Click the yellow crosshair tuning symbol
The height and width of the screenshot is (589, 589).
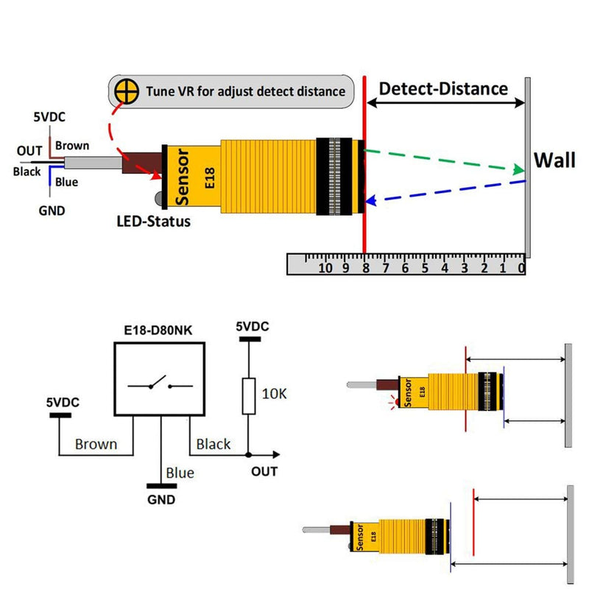click(127, 92)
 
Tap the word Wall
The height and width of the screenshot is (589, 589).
click(554, 160)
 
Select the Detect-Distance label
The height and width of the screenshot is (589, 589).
click(443, 89)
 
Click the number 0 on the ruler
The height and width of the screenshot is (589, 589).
click(521, 268)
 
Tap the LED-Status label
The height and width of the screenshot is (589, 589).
click(153, 221)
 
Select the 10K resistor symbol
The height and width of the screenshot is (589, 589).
click(248, 395)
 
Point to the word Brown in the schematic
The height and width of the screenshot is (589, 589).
click(96, 444)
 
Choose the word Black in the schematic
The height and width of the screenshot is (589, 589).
click(213, 444)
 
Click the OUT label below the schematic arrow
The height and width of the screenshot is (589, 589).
click(264, 471)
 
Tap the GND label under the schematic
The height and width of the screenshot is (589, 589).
click(161, 500)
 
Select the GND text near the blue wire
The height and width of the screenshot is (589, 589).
click(51, 211)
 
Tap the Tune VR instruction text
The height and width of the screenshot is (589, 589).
click(246, 92)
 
